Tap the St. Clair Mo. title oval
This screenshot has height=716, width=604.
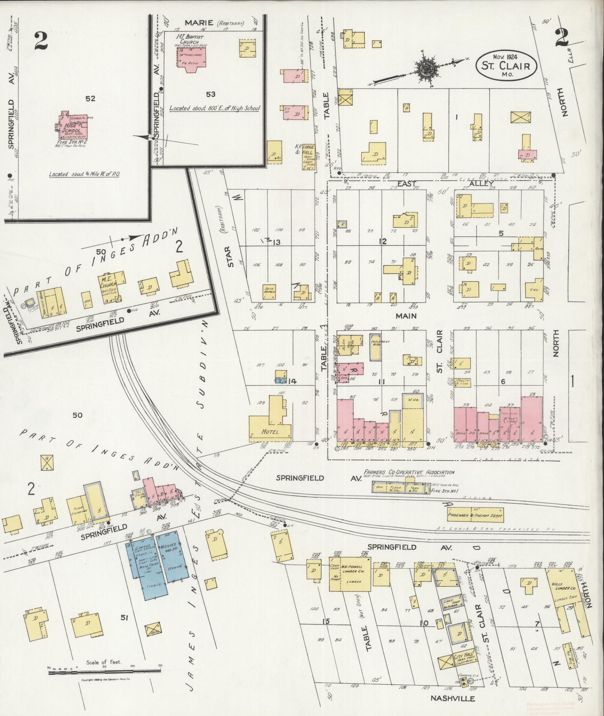point(506,66)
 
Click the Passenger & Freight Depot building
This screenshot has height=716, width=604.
point(475,515)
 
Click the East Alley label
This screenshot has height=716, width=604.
point(407,184)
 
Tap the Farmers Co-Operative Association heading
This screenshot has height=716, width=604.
point(409,472)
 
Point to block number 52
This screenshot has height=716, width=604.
point(90,99)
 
